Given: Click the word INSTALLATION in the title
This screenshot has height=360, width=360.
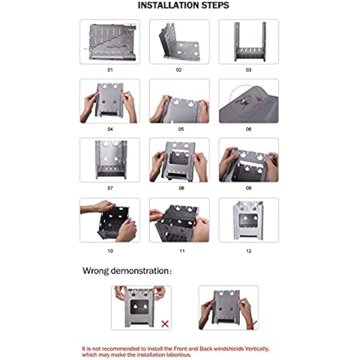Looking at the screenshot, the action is point(168,5).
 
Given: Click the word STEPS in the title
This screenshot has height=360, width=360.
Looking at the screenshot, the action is point(215,5).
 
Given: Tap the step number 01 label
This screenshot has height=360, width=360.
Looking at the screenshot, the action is point(110,70).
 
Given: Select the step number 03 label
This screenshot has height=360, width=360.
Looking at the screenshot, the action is point(248,70).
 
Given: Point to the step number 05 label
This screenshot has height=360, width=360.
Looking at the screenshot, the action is point(181,129).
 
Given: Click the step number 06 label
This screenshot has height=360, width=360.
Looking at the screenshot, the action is point(248,129).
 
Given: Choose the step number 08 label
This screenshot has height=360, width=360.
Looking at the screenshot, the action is point(181,188).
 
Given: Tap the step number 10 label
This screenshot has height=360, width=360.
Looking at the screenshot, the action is point(110,251).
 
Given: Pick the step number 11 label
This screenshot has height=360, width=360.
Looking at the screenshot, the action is point(182,251).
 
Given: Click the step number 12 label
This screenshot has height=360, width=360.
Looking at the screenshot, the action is point(248,251).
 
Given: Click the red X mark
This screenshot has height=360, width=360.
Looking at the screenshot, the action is point(165,324).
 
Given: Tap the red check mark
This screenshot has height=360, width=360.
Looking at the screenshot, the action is point(252,325).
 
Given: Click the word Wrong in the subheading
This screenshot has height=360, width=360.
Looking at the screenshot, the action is point(95,271).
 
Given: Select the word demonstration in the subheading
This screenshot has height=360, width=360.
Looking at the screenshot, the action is point(140,271).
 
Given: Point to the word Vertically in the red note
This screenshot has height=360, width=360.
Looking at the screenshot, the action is point(257,349).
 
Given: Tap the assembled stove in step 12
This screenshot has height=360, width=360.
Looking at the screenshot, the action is point(248,220).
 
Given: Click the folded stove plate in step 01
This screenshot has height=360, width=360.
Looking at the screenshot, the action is point(113,42).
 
